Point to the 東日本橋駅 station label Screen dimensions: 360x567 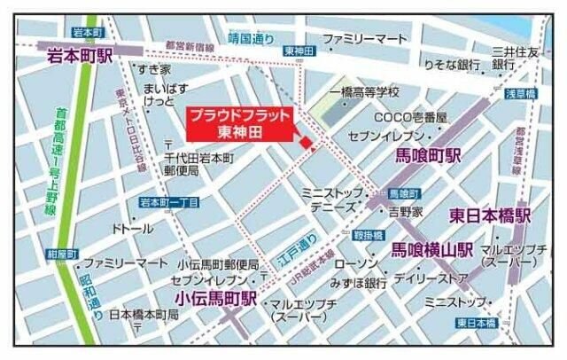(x=489, y=215)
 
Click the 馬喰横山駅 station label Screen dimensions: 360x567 (x=432, y=250)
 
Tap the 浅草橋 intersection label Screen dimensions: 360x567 (x=521, y=93)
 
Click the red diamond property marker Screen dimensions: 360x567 (x=306, y=142)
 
